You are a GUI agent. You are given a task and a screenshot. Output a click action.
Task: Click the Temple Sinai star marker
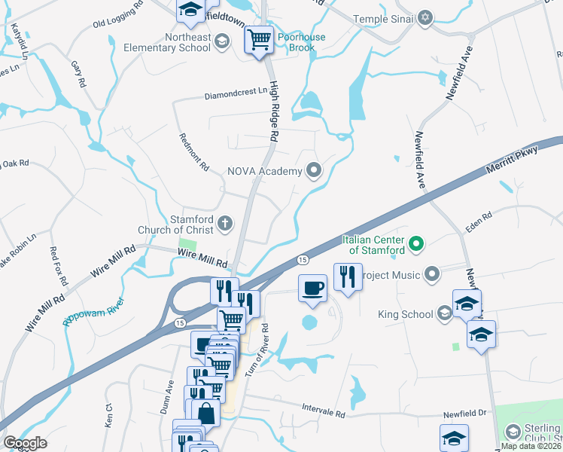(x=425, y=17)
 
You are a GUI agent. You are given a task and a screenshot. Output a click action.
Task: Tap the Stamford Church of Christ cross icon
(x=224, y=222)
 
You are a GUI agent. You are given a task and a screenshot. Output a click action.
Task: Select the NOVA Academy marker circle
(x=313, y=171)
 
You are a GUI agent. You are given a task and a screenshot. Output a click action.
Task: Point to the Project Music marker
(x=432, y=274)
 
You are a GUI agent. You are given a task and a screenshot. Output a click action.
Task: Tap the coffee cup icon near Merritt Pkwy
(x=313, y=287)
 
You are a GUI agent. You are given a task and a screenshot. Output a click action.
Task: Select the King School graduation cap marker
(x=444, y=314)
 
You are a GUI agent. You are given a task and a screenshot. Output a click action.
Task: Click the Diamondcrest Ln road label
(x=236, y=96)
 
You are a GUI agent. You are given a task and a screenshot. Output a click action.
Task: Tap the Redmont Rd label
(x=193, y=152)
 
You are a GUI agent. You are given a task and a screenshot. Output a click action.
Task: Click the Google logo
(x=26, y=442)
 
